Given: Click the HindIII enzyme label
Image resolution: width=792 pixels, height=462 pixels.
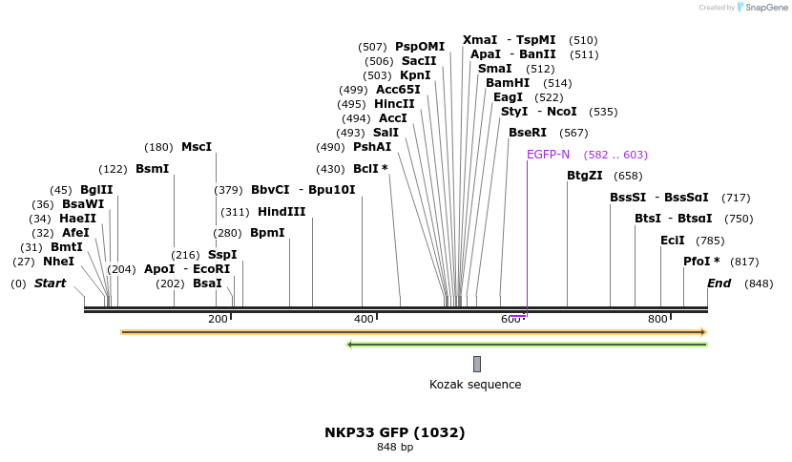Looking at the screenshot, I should coord(281,212).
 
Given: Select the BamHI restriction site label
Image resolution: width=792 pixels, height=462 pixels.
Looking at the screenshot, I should coord(508,83).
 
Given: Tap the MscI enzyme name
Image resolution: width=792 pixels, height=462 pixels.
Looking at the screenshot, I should coord(197,147).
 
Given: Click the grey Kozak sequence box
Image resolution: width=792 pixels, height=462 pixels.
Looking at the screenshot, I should coord(477,364).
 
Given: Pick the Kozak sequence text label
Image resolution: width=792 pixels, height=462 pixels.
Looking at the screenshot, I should coord(475,385).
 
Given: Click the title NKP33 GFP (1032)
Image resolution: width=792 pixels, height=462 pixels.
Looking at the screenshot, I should coord(395,432).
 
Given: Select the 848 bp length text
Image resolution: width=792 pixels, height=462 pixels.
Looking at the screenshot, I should coord(395,447).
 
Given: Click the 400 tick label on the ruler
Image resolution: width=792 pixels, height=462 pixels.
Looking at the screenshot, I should coord(364,319).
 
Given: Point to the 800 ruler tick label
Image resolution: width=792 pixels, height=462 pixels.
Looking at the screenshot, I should coord(657,319).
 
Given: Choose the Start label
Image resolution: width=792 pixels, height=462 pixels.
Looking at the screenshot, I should coord(51,283).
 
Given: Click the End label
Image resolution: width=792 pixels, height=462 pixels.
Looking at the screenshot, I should coord(719,283).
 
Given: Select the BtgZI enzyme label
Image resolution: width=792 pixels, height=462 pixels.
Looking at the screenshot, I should coord(585,176).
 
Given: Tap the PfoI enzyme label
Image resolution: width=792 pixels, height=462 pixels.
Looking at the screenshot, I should coord(701,262).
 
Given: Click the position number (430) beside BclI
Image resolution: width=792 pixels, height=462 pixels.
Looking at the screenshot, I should coord(330,169).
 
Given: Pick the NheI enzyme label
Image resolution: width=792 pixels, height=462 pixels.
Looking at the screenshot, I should coord(58,262).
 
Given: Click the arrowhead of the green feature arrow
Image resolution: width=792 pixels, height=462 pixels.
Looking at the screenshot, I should coord(350,345).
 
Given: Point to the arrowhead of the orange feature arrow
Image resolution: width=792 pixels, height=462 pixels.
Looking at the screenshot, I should coord(702,332).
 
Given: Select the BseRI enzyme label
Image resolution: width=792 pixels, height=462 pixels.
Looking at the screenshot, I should coord(528,133).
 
